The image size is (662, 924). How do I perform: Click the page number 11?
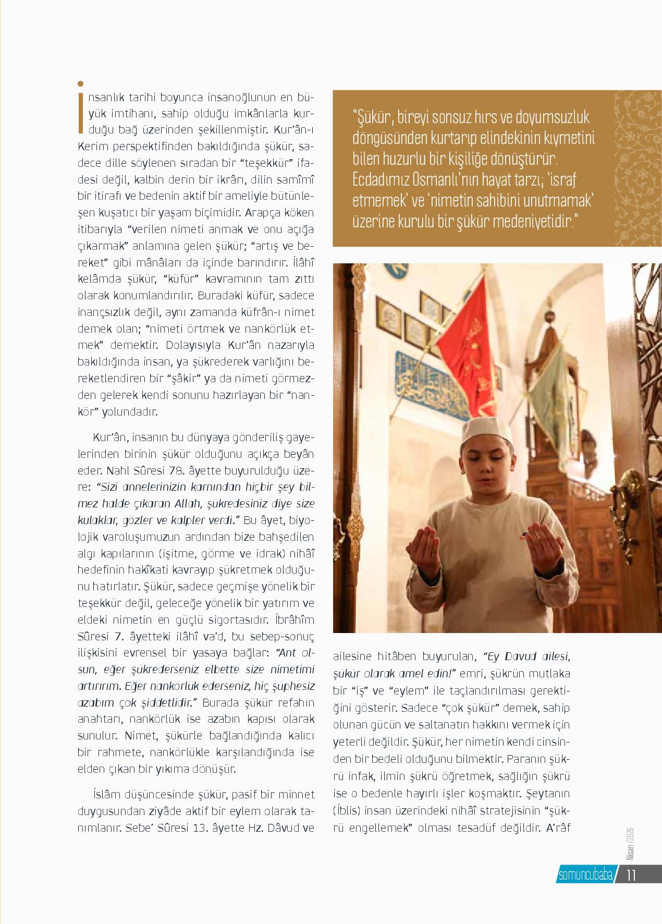[631, 874]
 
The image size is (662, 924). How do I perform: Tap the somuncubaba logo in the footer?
[586, 874]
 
